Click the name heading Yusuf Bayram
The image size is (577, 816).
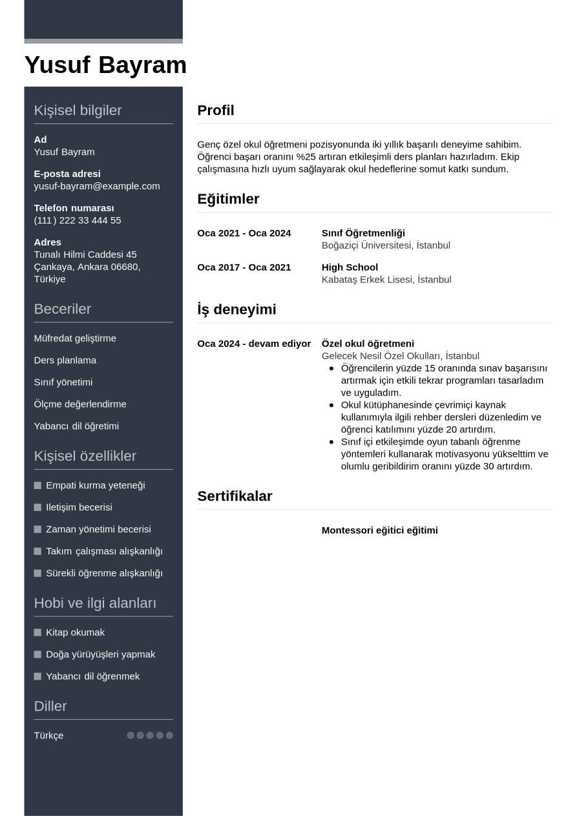pyautogui.click(x=105, y=65)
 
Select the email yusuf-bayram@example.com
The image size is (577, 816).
pyautogui.click(x=97, y=186)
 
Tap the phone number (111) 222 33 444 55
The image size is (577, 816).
pyautogui.click(x=78, y=220)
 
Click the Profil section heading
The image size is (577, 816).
pyautogui.click(x=215, y=110)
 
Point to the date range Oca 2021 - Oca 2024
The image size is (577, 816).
pyautogui.click(x=244, y=233)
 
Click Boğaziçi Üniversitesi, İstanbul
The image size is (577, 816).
pyautogui.click(x=386, y=246)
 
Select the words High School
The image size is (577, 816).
pyautogui.click(x=350, y=267)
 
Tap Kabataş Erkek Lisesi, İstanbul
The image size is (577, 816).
pyautogui.click(x=386, y=280)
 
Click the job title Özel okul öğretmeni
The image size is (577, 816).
pyautogui.click(x=368, y=344)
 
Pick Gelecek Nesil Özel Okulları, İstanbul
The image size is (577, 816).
pyautogui.click(x=400, y=356)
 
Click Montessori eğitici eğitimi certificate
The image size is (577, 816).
pyautogui.click(x=379, y=530)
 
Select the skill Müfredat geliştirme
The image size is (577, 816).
pyautogui.click(x=75, y=339)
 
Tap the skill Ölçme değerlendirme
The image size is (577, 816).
pyautogui.click(x=80, y=404)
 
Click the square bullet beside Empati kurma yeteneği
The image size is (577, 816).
pyautogui.click(x=37, y=485)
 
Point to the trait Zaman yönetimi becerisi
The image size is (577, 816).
pyautogui.click(x=98, y=529)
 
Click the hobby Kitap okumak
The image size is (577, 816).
pyautogui.click(x=75, y=633)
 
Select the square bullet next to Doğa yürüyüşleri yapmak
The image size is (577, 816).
pyautogui.click(x=37, y=654)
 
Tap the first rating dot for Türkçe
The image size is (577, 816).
pyautogui.click(x=131, y=735)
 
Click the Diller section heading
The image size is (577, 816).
pyautogui.click(x=50, y=706)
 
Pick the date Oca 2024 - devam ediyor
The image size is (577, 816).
pyautogui.click(x=254, y=344)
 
